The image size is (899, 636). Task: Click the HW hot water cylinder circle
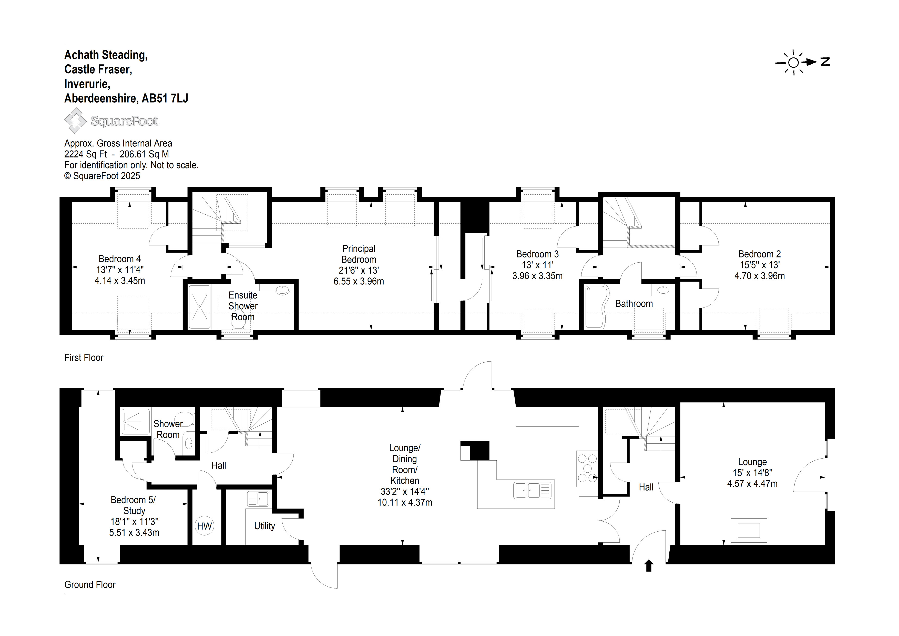click(x=205, y=526)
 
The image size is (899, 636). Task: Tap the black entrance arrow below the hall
click(x=649, y=565)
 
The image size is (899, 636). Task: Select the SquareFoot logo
click(x=111, y=121)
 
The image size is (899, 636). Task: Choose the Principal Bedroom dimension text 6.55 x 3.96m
click(x=359, y=281)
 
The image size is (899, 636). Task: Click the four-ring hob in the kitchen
click(x=587, y=468)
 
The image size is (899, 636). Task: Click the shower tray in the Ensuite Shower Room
click(x=200, y=307)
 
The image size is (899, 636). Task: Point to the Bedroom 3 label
click(x=537, y=254)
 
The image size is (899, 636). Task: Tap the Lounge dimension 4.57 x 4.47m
click(x=752, y=484)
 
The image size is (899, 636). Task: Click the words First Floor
click(x=84, y=357)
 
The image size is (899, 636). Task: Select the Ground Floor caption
click(x=90, y=585)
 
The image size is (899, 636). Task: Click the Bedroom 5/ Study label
click(x=134, y=505)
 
